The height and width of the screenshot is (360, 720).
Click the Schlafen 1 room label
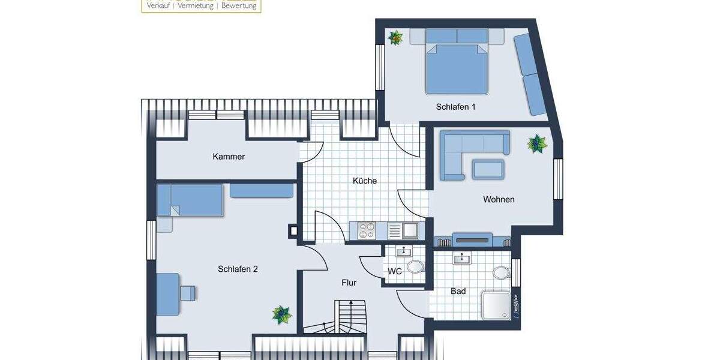click(455, 107)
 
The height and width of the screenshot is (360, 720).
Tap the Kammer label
click(229, 157)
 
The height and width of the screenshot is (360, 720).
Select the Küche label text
click(365, 180)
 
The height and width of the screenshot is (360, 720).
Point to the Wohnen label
click(499, 199)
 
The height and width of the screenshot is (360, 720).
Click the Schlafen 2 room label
click(238, 269)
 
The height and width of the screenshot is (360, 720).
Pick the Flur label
click(350, 282)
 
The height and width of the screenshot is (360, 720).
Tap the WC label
click(394, 271)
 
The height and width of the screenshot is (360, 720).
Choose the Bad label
click(458, 292)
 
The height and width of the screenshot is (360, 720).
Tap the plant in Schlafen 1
click(395, 38)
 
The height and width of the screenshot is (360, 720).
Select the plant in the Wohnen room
click(536, 144)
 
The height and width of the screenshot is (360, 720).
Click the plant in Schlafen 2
click(281, 314)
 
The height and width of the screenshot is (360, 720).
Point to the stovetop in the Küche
click(367, 230)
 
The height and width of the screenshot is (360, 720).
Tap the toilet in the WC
click(414, 266)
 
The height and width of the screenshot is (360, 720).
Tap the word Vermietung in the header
click(196, 5)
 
